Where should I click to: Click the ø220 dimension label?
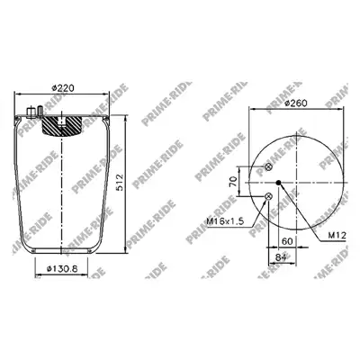click(x=63, y=88)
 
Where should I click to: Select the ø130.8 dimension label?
click(x=62, y=269)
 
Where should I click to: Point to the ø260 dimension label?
click(x=296, y=103)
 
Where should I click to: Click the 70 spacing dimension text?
click(x=233, y=182)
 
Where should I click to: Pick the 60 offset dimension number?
click(x=287, y=241)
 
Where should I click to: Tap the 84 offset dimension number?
click(x=280, y=257)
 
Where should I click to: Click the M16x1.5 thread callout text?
click(x=226, y=221)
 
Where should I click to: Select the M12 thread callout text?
click(x=337, y=236)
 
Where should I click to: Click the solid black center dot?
click(x=279, y=182)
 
